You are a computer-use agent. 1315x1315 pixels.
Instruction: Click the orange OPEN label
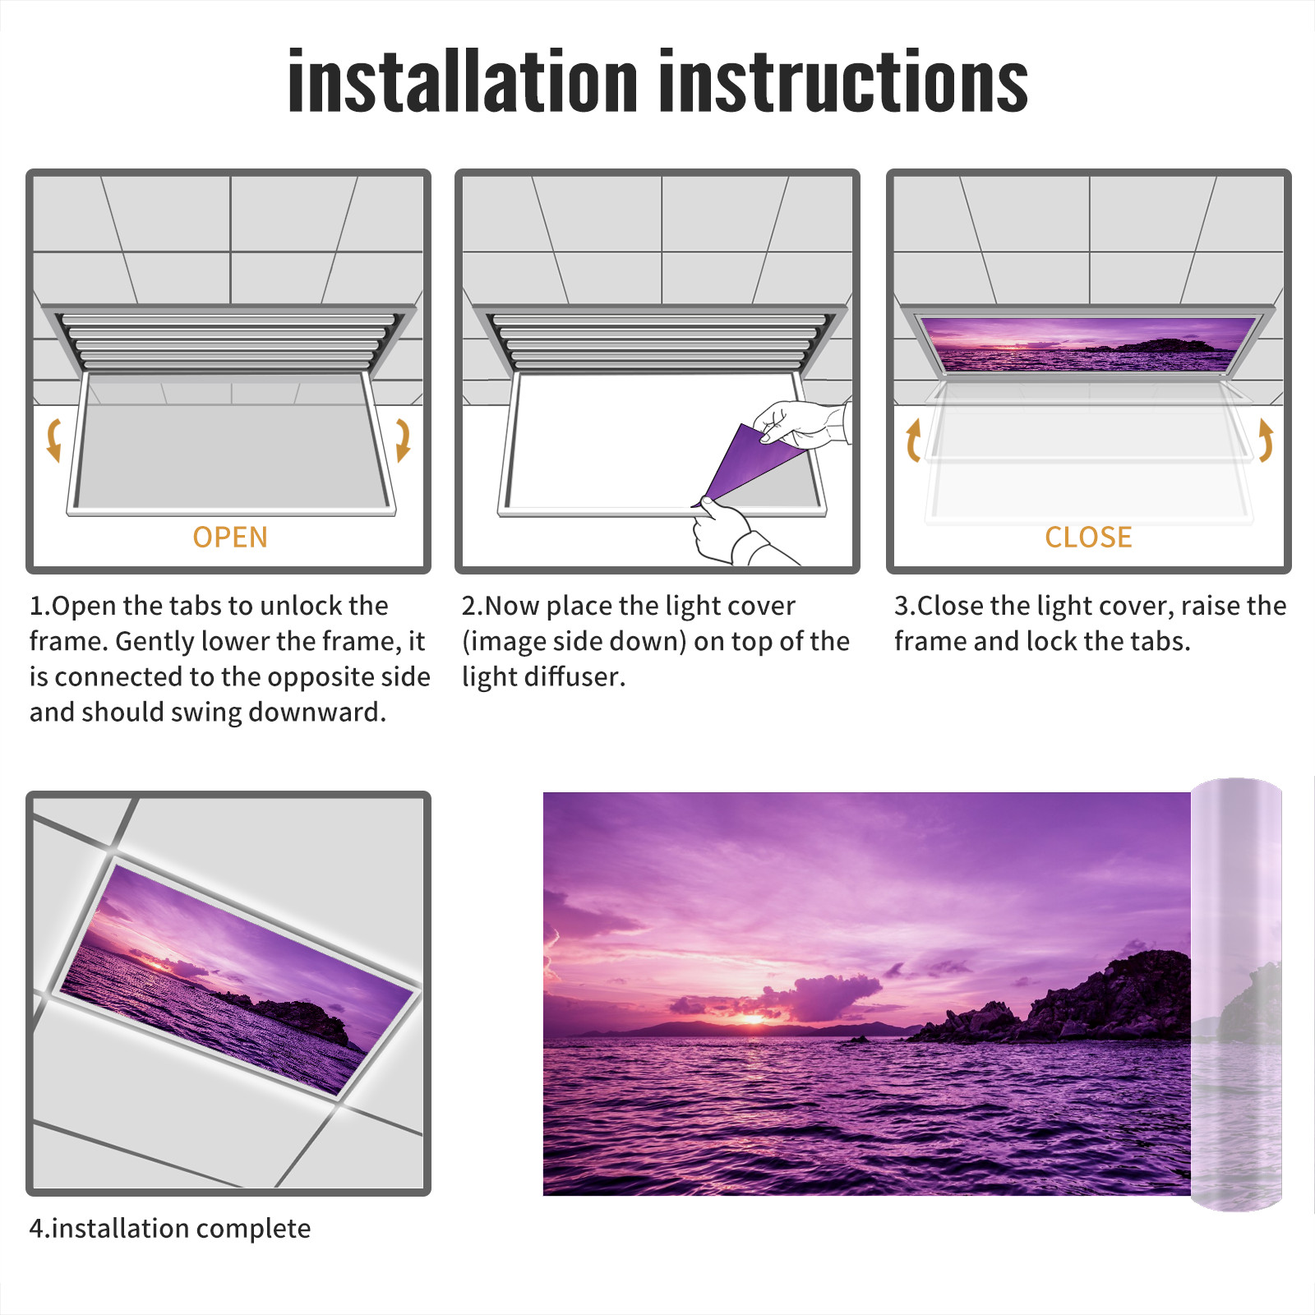coord(230,538)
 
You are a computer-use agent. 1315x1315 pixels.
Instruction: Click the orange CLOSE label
coord(1088,538)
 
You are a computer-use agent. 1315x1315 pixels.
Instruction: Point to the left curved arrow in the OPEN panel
coord(53,440)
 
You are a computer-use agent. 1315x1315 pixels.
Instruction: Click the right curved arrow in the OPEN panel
coord(403,440)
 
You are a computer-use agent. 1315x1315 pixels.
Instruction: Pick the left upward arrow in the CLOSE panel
coord(912,440)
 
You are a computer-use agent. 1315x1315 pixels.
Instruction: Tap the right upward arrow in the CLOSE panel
coord(1266,440)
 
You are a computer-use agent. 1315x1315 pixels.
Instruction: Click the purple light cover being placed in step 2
coord(748,464)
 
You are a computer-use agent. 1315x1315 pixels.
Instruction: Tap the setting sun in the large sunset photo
coord(753,1019)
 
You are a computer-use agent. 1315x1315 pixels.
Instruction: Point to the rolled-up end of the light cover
coord(1236,994)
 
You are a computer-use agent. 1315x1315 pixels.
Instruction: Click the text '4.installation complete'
coord(170,1229)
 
